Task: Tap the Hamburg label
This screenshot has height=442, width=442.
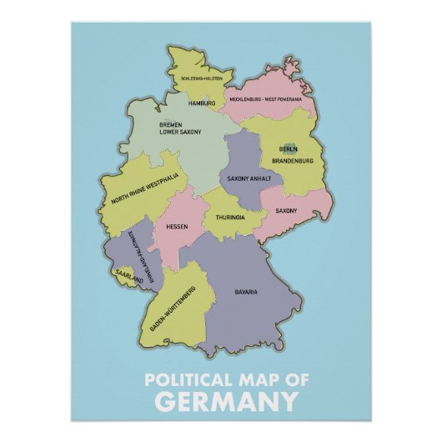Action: click(x=202, y=103)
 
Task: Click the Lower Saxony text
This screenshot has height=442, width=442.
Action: click(x=182, y=132)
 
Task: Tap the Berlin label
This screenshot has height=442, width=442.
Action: click(x=289, y=149)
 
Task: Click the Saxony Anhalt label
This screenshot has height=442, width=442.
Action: click(x=247, y=178)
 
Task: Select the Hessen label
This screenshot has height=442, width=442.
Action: click(x=177, y=226)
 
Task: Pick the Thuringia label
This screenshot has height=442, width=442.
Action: click(x=230, y=217)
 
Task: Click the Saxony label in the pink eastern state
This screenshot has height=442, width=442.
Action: click(x=286, y=211)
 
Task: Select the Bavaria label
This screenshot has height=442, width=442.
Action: click(x=246, y=292)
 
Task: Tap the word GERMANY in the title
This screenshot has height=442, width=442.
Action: click(x=226, y=403)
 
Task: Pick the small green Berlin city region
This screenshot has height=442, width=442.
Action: click(x=289, y=145)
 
